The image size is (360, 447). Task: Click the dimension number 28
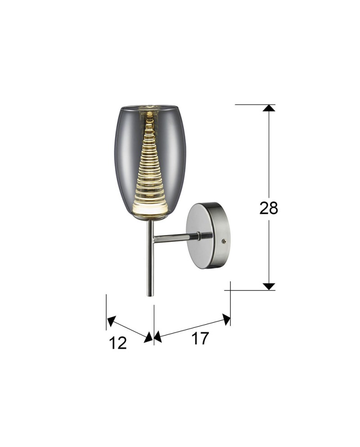[268, 208]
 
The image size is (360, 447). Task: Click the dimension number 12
[118, 343]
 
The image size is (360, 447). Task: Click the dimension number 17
[200, 338]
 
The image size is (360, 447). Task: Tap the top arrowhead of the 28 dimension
[269, 108]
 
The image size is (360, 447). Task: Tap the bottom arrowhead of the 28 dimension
[269, 286]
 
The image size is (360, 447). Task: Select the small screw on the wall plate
[224, 241]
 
